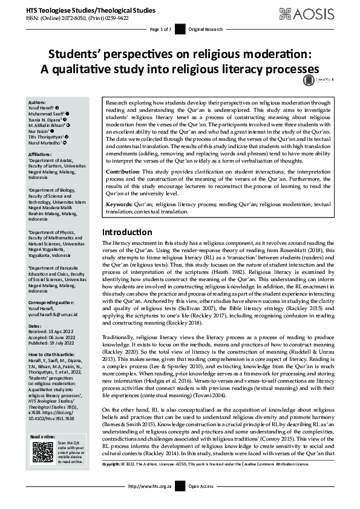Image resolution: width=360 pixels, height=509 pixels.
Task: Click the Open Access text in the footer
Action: click(201, 503)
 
